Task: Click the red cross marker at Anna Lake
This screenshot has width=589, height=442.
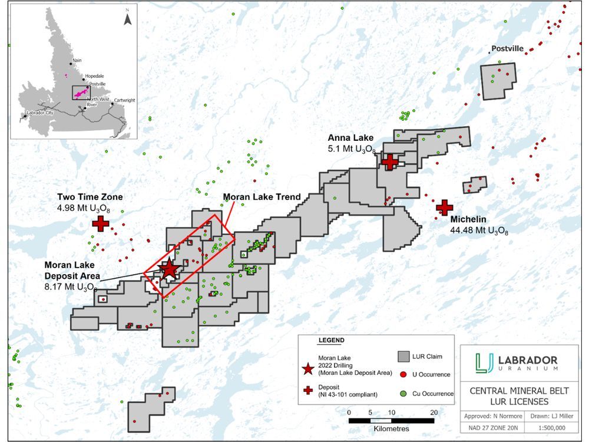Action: [x=390, y=161]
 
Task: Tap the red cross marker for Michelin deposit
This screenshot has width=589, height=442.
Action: [x=444, y=207]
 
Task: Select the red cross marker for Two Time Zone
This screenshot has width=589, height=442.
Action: [x=101, y=223]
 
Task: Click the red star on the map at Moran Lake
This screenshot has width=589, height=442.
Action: [x=169, y=269]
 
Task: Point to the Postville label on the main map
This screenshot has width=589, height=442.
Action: [x=507, y=49]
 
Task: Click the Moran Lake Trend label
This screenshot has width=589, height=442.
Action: [x=262, y=197]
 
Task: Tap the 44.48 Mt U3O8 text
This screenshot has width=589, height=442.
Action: [x=479, y=230]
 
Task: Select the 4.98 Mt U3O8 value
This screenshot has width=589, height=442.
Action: [x=91, y=208]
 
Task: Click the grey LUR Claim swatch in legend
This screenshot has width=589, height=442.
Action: [x=403, y=357]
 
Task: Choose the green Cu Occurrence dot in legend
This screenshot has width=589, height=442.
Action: [x=403, y=393]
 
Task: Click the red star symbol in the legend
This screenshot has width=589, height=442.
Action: [x=307, y=368]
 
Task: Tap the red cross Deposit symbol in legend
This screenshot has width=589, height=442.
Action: [x=307, y=390]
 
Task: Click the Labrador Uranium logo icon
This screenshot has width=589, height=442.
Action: [x=485, y=362]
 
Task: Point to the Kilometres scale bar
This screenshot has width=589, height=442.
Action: [x=391, y=421]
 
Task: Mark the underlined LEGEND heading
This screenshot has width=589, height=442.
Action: [x=331, y=341]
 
